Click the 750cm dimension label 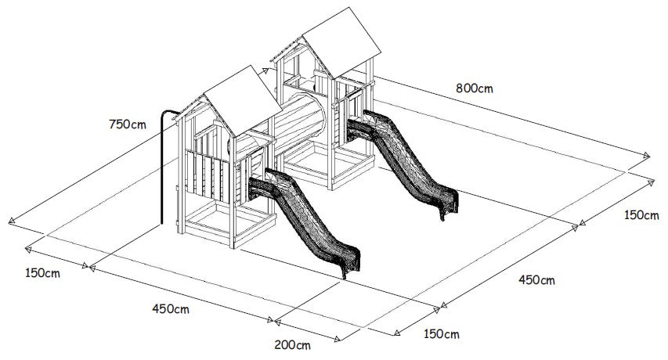pos(128,124)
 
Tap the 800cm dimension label pos(474,88)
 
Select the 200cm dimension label pos(292,344)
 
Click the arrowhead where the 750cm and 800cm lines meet pos(265,70)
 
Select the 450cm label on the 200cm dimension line pos(171,309)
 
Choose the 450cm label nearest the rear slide pos(536,280)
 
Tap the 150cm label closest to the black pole pos(42,273)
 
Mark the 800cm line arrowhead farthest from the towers pos(647,155)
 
